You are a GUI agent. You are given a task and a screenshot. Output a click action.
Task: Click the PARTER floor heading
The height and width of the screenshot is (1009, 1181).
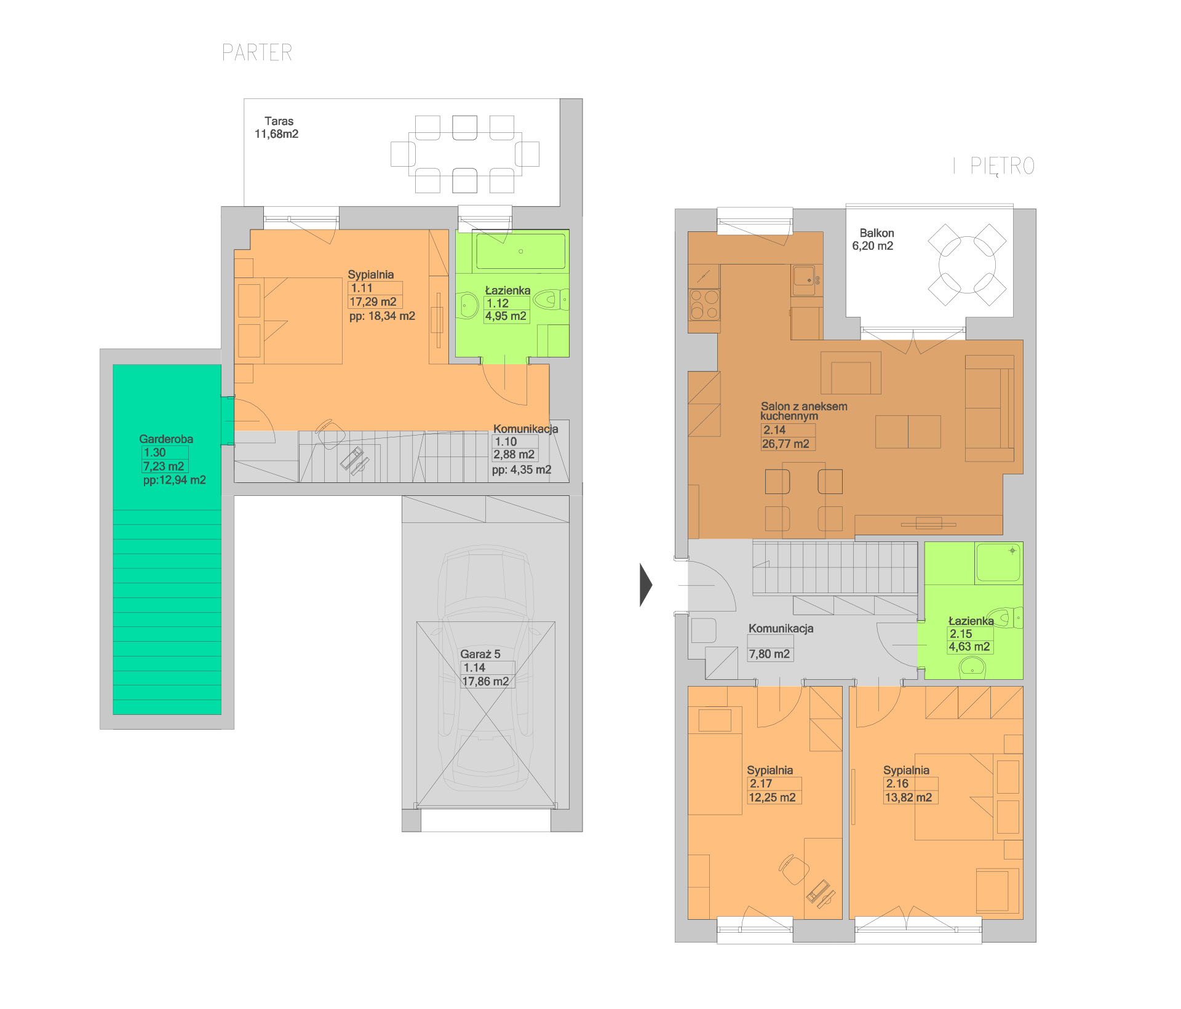click(x=257, y=52)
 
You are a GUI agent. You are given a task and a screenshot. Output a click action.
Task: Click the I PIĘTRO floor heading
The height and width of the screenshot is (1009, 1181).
click(x=994, y=166)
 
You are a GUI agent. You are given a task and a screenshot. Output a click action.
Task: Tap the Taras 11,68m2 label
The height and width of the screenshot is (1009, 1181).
click(x=277, y=127)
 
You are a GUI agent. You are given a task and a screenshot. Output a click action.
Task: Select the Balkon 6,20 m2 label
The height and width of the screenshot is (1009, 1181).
click(x=873, y=239)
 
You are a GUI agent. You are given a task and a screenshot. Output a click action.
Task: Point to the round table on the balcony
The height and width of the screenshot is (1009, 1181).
click(x=967, y=265)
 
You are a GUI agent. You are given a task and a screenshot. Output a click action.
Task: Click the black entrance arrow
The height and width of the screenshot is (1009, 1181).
click(x=646, y=584)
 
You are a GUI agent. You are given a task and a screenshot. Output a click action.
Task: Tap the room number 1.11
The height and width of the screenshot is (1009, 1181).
click(x=362, y=288)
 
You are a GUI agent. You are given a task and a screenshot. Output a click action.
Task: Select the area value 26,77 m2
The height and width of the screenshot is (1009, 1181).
click(x=785, y=444)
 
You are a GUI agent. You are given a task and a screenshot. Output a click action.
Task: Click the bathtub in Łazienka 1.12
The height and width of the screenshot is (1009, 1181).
click(x=520, y=251)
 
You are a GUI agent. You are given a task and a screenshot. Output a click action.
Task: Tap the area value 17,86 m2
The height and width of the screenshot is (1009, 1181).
click(x=485, y=682)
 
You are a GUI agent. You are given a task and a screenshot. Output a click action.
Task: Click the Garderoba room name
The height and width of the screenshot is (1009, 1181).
click(x=166, y=439)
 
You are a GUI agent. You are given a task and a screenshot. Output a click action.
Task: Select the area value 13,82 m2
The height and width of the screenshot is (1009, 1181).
click(x=909, y=798)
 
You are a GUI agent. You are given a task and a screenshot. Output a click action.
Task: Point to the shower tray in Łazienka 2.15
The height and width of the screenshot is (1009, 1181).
click(x=998, y=563)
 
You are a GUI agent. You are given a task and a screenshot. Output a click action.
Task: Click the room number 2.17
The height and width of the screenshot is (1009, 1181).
click(x=761, y=784)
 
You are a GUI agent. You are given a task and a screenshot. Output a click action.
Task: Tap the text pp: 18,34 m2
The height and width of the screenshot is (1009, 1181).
click(x=382, y=316)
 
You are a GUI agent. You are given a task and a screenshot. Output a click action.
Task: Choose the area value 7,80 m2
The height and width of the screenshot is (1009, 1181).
click(x=769, y=655)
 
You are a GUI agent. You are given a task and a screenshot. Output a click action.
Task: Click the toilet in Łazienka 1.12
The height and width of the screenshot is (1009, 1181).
click(x=550, y=300)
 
